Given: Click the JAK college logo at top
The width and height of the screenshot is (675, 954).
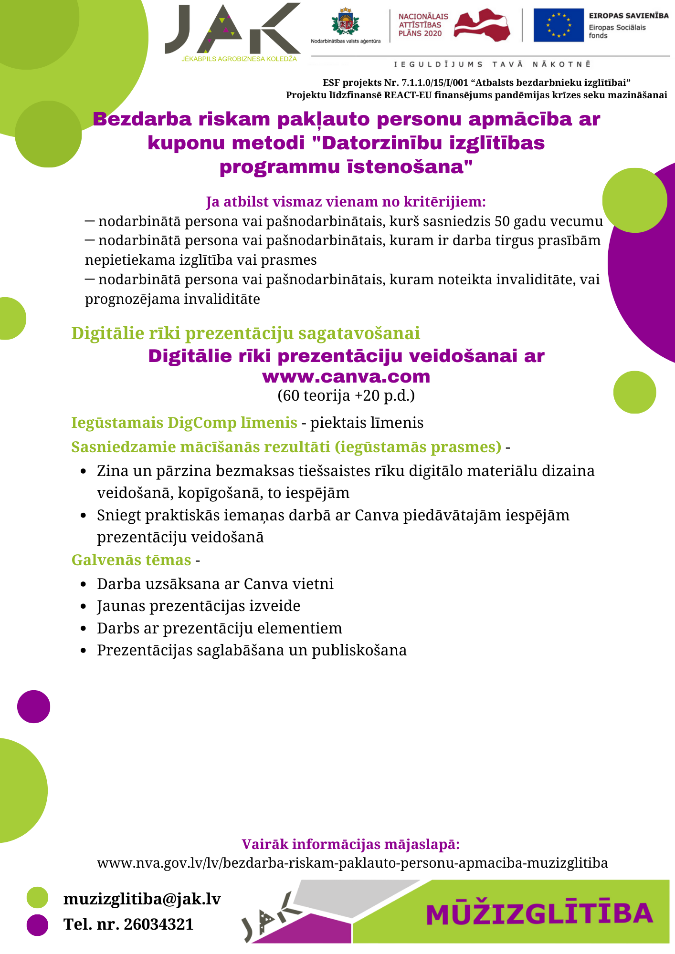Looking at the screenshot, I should point(233,31).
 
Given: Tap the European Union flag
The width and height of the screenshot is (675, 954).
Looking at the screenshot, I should point(558,25).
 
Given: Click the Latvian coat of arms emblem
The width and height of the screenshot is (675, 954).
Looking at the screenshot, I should point(345,21).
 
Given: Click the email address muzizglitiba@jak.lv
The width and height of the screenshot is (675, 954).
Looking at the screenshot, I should point(142,899).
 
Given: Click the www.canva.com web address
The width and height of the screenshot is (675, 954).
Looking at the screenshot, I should point(346,376).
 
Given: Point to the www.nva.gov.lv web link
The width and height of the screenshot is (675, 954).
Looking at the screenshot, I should point(352,863).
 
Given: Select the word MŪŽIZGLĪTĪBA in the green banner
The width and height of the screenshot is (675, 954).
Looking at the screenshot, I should point(539,913).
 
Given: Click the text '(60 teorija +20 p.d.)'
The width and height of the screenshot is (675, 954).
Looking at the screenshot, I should point(346,395).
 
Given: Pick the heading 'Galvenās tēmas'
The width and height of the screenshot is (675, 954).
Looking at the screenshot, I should point(131,560).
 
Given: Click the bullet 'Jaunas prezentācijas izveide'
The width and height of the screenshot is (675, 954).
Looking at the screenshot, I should point(199,606).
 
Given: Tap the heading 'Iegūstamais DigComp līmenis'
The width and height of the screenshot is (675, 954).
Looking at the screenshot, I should point(184,423).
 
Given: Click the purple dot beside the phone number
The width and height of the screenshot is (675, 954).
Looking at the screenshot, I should point(37,925).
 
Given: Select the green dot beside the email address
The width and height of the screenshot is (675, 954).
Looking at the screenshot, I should point(37,897).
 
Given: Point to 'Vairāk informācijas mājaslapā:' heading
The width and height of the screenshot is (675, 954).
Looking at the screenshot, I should point(350,844).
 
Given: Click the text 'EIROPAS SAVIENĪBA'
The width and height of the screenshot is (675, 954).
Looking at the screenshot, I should point(628,16).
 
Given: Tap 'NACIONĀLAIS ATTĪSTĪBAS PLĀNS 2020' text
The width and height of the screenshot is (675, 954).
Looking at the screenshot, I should point(422,25).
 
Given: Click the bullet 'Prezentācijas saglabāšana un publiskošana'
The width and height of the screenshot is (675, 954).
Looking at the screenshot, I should point(252,650).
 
